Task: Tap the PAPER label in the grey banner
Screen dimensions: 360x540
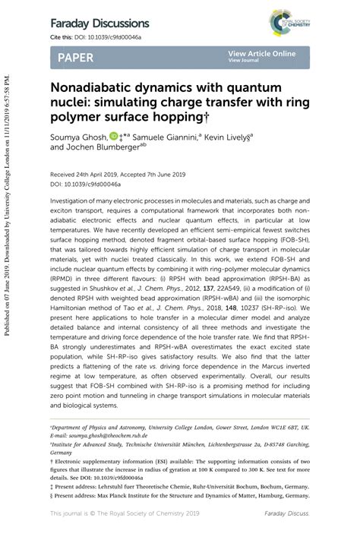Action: (76, 58)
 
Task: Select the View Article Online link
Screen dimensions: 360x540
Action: (261, 54)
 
